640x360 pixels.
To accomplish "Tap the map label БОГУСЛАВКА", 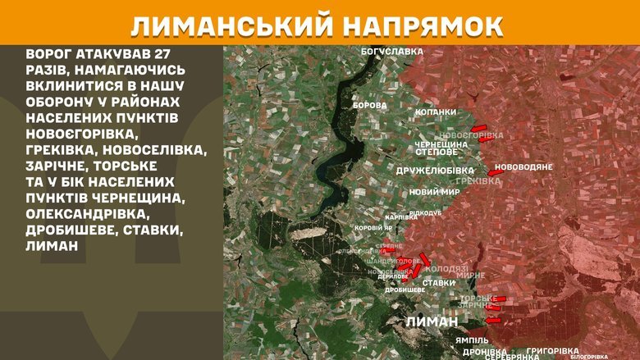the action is tap(392, 51).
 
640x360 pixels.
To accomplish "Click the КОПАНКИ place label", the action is tap(436, 112).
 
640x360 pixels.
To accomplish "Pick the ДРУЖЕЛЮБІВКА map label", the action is tap(435, 171).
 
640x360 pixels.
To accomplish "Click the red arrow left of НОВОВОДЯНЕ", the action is tap(491, 172).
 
